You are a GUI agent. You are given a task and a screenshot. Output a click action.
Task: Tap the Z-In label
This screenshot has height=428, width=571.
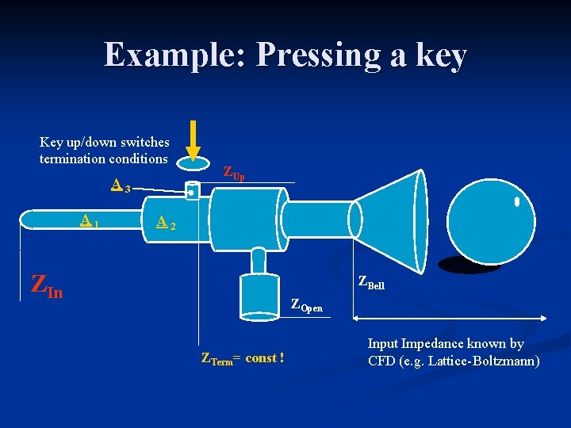point(46,285)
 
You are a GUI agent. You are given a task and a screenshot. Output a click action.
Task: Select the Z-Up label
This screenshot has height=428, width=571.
point(233,172)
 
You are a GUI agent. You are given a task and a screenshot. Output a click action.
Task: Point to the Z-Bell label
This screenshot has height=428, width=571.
point(371,281)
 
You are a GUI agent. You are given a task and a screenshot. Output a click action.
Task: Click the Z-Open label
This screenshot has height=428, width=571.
point(306,304)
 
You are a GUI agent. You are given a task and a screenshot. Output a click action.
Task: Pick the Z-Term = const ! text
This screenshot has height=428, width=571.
point(243,359)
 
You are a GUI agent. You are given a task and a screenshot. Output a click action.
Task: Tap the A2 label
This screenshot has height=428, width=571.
point(165,224)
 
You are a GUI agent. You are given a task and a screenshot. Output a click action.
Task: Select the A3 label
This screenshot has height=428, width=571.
point(121,187)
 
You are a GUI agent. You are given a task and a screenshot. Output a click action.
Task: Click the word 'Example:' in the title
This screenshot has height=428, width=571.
point(174,55)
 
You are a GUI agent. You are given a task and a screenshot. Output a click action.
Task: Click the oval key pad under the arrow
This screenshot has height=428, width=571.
point(194,163)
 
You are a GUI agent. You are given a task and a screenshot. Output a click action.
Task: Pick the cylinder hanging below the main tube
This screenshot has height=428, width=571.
point(259,294)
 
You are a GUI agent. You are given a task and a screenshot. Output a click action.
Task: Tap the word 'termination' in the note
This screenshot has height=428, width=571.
point(74,159)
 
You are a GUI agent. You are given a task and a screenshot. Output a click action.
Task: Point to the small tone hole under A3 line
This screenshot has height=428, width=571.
point(192,190)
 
